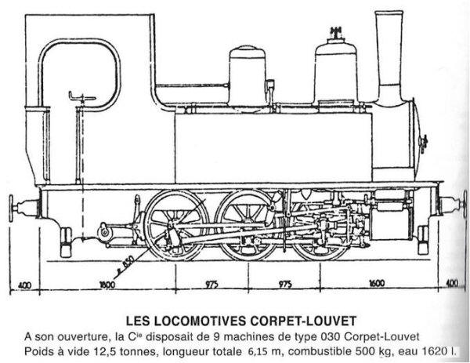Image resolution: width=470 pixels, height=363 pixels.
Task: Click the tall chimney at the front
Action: [388, 55]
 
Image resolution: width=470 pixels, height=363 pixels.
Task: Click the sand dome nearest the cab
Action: [248, 75]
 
